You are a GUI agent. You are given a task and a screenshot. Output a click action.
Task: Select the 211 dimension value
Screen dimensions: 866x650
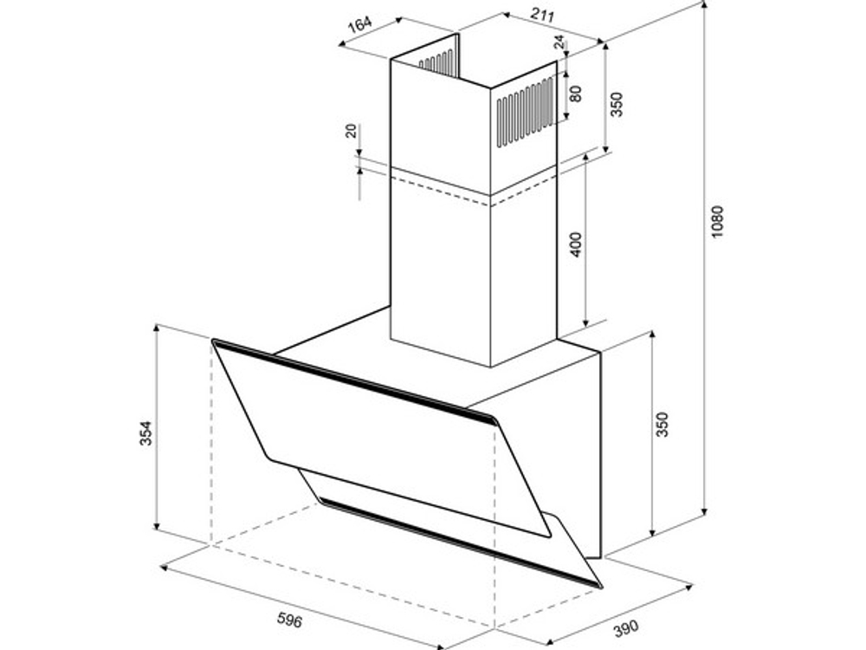coord(542,15)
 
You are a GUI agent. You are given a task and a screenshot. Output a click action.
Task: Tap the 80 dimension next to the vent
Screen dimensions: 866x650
coord(576,94)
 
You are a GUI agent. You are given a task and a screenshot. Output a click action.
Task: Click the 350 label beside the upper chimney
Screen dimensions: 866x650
coord(616,104)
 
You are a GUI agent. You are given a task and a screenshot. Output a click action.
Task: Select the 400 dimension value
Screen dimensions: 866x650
coord(576,245)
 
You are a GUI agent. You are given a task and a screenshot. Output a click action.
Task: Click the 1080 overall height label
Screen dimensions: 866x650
coord(717,222)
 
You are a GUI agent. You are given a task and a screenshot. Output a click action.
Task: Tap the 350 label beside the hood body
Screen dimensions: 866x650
coord(662,425)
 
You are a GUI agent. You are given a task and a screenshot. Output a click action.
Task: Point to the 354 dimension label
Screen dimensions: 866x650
coord(145,433)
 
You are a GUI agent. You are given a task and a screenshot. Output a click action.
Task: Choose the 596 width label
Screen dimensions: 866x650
coord(289,621)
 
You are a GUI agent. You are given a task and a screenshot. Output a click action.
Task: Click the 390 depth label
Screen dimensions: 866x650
coord(626,627)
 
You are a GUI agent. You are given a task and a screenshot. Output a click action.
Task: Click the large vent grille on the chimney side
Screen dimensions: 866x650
coord(525,112)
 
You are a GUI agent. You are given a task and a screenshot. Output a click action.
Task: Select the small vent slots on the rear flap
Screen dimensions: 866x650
coord(436,62)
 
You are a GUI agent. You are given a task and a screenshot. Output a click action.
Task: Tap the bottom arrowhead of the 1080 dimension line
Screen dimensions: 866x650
coord(705,510)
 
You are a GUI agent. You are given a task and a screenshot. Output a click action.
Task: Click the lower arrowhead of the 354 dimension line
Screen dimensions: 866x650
coord(157,526)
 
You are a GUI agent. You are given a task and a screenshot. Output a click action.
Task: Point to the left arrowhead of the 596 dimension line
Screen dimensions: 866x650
coord(165,568)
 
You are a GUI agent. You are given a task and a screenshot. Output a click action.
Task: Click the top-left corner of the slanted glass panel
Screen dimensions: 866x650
coord(213,341)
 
